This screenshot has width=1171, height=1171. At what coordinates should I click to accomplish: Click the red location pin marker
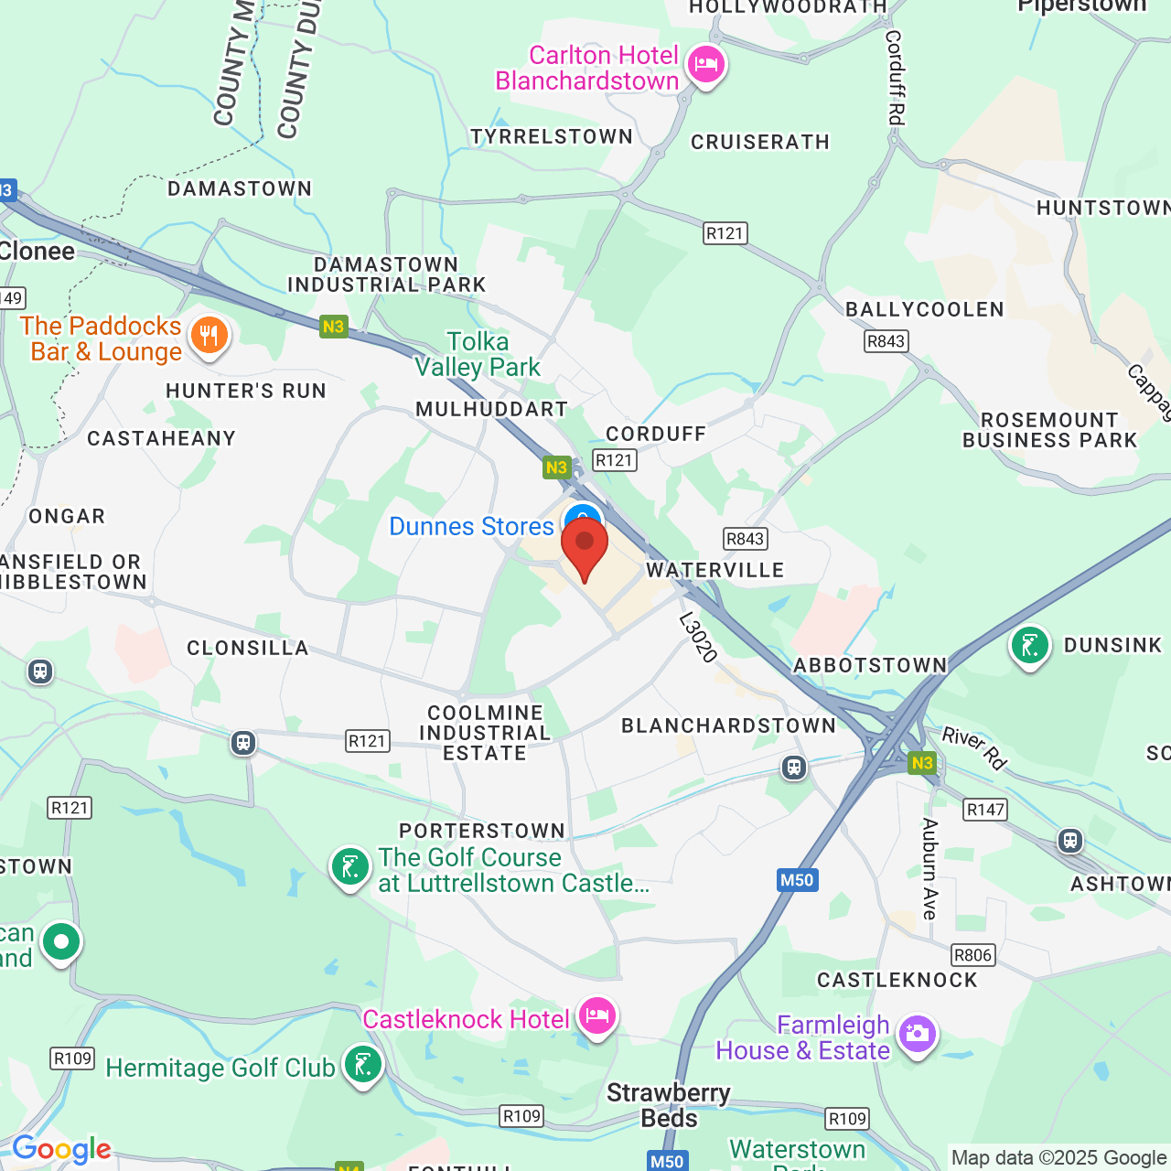coord(585,546)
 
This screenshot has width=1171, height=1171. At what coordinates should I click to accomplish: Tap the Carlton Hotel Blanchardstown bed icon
coord(705,65)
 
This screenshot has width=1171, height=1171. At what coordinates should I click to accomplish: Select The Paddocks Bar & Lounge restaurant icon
coord(209,336)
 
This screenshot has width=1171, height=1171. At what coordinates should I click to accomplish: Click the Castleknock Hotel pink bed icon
coord(597,1016)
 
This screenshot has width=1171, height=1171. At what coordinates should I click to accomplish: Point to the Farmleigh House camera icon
coord(917,1035)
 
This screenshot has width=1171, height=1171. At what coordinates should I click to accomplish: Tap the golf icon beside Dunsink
coord(1029,646)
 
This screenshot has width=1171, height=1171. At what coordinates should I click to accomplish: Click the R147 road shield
coord(985,809)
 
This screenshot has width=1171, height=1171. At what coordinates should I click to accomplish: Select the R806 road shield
coord(972,955)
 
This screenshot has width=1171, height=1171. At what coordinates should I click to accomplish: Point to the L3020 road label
coord(698,637)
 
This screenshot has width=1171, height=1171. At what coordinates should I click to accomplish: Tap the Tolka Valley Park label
coord(478,354)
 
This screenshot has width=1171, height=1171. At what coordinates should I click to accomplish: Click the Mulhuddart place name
coord(491,409)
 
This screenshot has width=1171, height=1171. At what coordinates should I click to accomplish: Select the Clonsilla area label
coord(248,648)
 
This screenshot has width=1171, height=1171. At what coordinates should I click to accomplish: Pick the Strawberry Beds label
coord(669,1105)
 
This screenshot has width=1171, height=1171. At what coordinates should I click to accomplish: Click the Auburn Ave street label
coord(929,868)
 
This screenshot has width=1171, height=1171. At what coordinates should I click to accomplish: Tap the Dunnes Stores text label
coord(471,526)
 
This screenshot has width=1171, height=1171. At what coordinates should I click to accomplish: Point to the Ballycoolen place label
coord(924,309)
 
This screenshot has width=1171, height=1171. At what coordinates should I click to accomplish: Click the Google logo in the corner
coord(61,1149)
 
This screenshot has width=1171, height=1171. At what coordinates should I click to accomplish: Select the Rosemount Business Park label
coord(1049,430)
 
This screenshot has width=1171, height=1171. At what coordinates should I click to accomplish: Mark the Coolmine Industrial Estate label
coord(485,733)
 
